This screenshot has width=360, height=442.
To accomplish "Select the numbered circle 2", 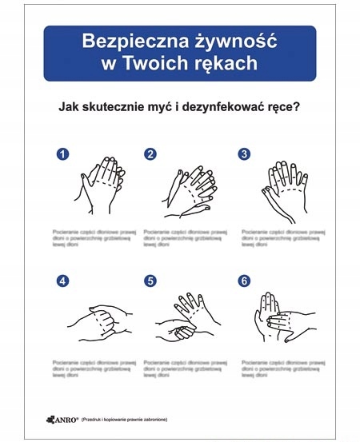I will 150,154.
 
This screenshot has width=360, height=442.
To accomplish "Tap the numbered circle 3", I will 245,154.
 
